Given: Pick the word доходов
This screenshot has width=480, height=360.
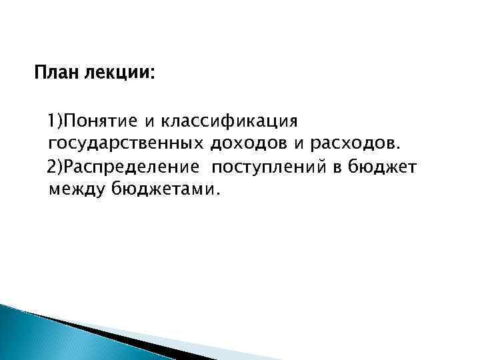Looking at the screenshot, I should tap(241, 143).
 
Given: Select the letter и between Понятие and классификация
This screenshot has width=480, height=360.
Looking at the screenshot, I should tap(151, 122).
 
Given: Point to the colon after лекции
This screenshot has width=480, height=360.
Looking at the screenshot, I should tap(151, 73).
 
